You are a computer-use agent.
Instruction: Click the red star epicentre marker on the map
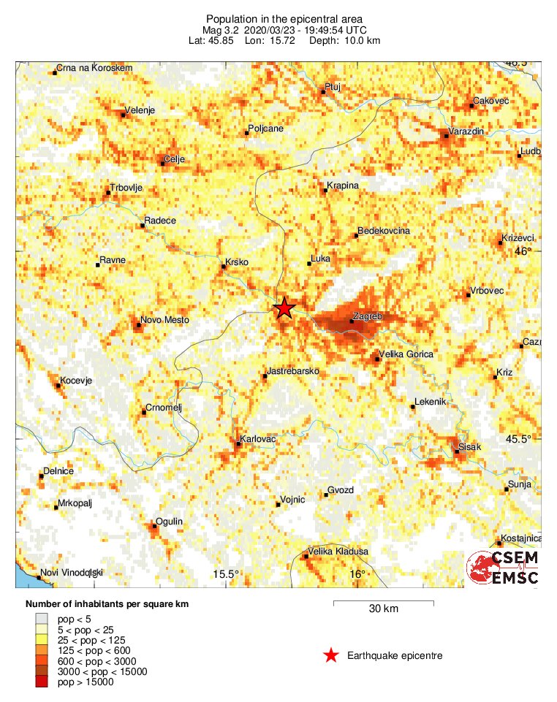pos(284,308)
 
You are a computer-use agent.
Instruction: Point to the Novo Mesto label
pos(164,320)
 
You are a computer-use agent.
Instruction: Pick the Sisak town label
pos(470,446)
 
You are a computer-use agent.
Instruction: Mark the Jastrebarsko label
pos(294,372)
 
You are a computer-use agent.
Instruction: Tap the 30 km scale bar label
pos(383,608)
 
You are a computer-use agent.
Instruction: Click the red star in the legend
pos(332,656)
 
